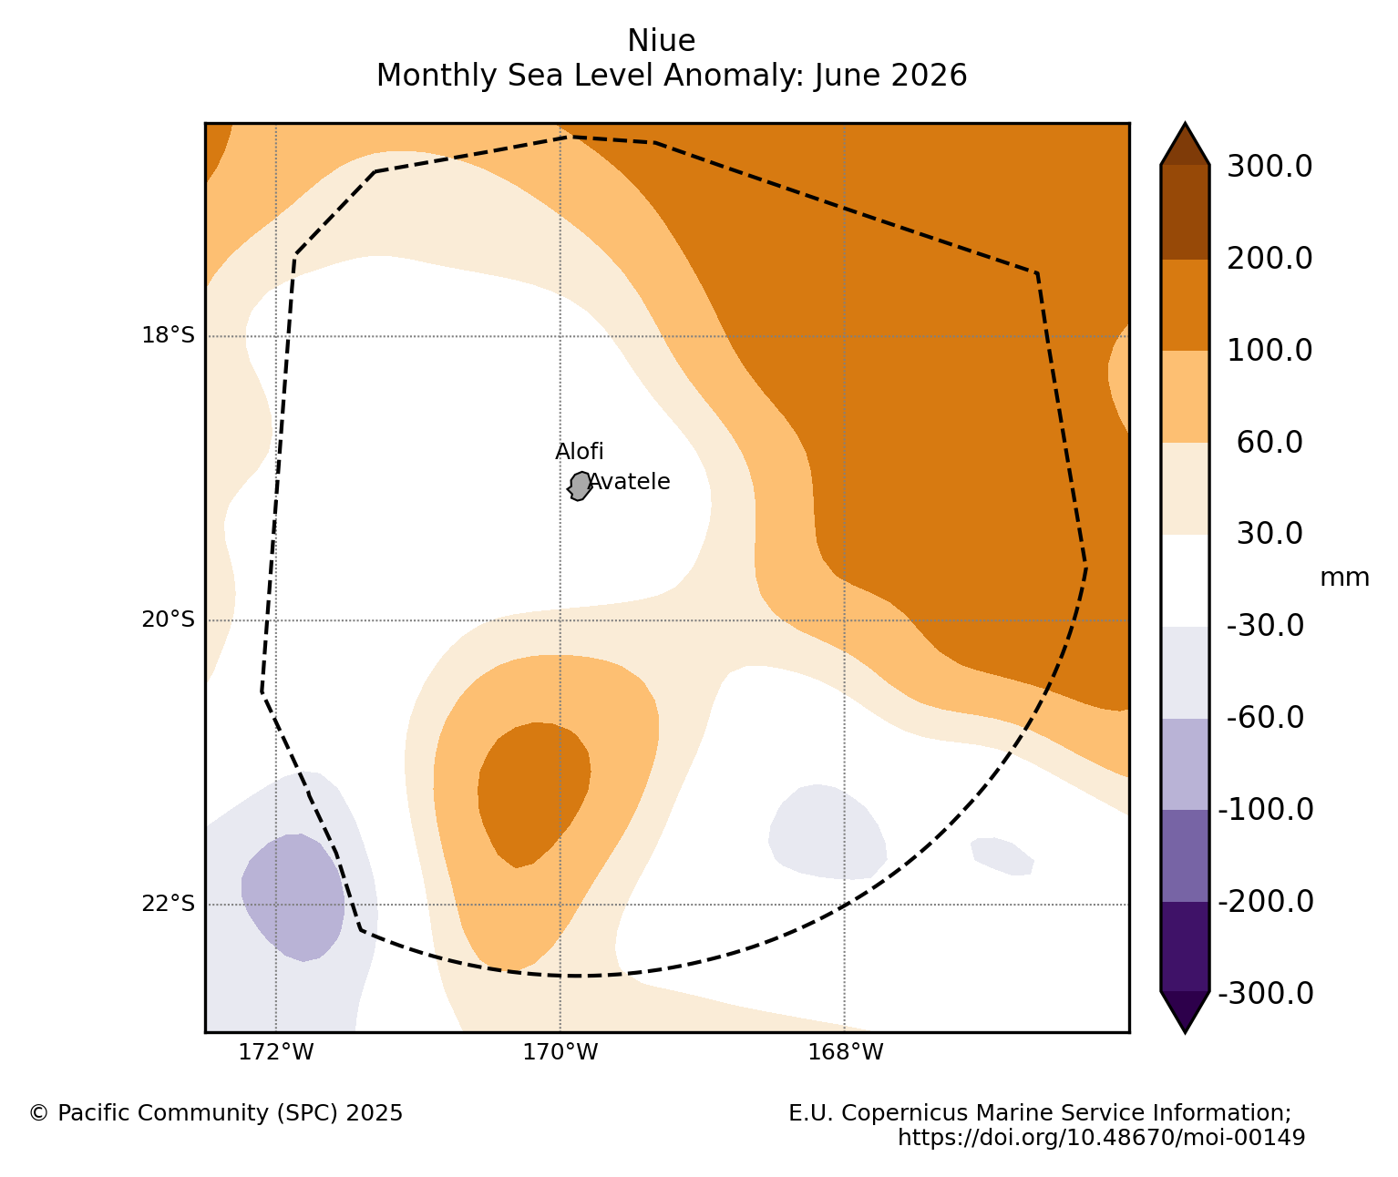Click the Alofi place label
coord(579,451)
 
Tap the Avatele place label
coord(629,481)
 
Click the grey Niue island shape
coord(580,486)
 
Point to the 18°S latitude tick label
coord(168,334)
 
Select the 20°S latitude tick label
coord(168,619)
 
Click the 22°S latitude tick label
coord(168,903)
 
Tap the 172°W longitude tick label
coord(276,1052)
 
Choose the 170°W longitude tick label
coord(560,1052)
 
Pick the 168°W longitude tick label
coord(845,1052)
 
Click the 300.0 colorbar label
coord(1270,166)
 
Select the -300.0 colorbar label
coord(1266,994)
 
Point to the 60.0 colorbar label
coord(1270,442)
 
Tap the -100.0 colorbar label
coord(1266,810)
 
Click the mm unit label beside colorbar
coord(1344,578)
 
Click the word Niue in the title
coord(661,41)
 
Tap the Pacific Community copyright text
coord(216,1113)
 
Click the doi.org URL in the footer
coord(1102,1138)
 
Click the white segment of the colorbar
coord(1185,580)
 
